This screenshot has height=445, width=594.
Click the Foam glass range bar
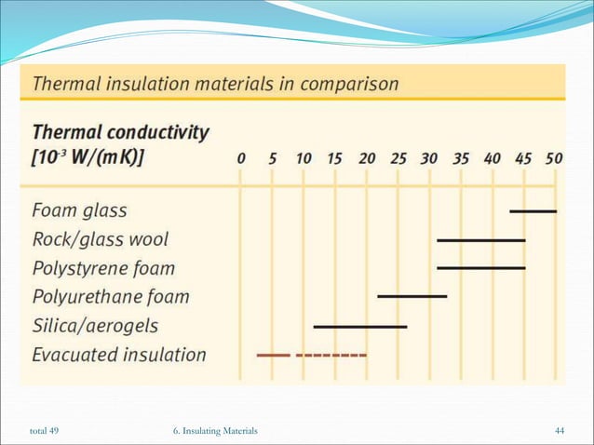point(533,211)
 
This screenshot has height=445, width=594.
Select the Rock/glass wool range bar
point(480,240)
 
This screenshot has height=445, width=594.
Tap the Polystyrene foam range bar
point(480,268)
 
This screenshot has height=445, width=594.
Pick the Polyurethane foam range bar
point(412,297)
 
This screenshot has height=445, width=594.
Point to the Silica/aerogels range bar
point(359,327)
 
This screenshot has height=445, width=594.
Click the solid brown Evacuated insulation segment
point(273,355)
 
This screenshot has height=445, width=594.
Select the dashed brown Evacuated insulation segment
point(331,355)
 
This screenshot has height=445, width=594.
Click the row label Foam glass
point(79,210)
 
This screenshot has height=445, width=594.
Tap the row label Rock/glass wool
point(101,239)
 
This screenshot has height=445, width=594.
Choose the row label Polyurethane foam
point(110,297)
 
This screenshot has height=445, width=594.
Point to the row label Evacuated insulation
point(118,355)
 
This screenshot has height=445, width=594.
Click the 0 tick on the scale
point(241,158)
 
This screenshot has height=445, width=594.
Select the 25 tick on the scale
point(397,158)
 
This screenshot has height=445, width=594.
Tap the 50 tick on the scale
point(554,158)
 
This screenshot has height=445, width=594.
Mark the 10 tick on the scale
point(304,158)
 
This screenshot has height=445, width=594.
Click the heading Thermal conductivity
point(120,132)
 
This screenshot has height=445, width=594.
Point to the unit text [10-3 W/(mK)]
point(88,157)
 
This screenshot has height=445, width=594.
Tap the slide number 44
point(560,429)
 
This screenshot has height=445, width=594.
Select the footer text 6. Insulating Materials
point(215,429)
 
